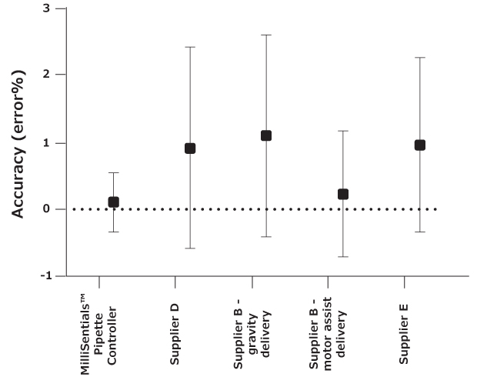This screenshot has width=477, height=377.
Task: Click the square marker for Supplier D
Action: [190, 148]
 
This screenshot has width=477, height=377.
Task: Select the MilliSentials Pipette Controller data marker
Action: [113, 202]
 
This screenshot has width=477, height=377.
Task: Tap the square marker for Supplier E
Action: [420, 145]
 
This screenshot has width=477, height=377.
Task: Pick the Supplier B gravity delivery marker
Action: [266, 135]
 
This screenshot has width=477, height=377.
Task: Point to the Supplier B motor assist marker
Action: [343, 194]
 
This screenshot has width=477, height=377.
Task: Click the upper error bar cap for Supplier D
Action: [190, 47]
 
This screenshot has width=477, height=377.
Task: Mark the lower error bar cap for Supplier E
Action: [420, 232]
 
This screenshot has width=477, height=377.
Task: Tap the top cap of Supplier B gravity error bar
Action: [266, 35]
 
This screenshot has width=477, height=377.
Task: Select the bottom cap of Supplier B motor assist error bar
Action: [343, 257]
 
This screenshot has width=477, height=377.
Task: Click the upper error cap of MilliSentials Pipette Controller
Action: [113, 173]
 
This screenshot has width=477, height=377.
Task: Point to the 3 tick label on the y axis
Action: [48, 8]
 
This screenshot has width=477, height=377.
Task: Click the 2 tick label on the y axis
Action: [48, 75]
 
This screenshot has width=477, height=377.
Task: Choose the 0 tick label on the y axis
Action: [48, 209]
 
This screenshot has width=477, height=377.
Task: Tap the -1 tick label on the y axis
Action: [46, 275]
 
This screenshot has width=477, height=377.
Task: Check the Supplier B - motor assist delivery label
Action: [329, 329]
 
